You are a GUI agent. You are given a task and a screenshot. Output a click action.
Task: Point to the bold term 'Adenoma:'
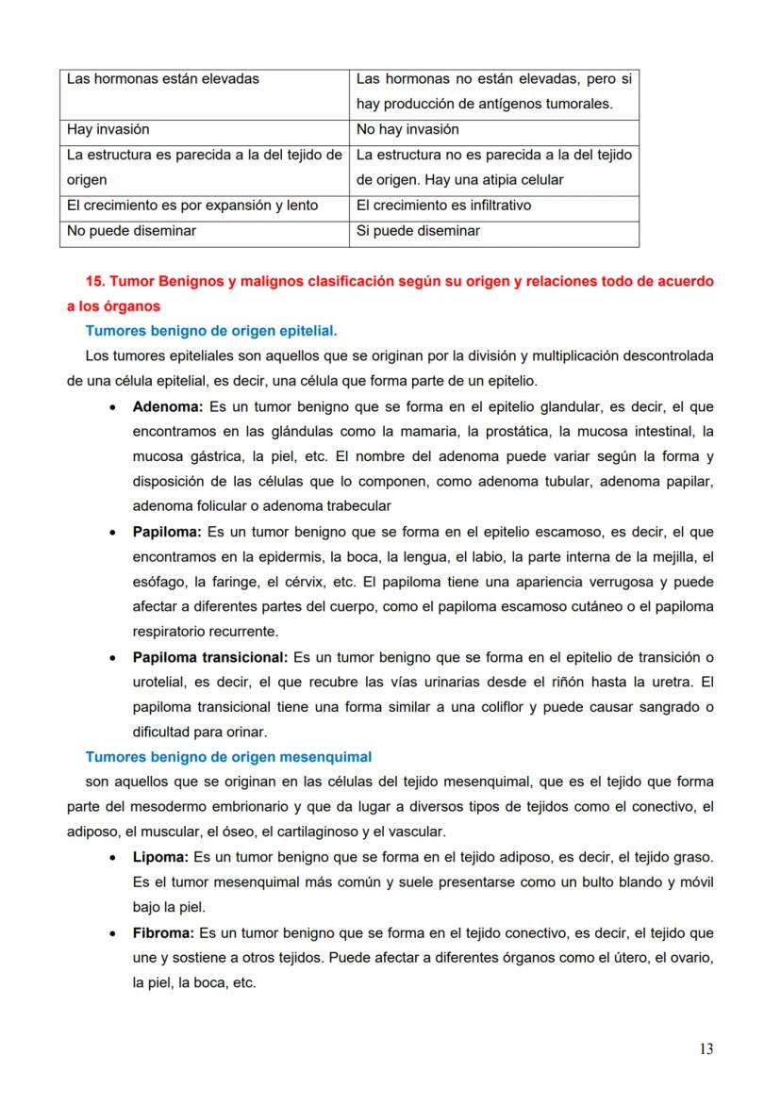point(168,407)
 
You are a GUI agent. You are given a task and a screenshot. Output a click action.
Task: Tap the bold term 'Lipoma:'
point(160,858)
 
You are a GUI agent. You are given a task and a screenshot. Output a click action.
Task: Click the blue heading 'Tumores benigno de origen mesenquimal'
point(228,756)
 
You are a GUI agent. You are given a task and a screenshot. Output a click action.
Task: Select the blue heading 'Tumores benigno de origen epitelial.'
point(211,331)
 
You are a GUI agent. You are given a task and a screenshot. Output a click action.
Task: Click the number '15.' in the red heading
point(95,281)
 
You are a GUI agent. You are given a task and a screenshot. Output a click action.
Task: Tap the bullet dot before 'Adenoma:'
point(113,408)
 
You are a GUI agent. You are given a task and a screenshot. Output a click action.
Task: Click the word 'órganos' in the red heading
point(135,306)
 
